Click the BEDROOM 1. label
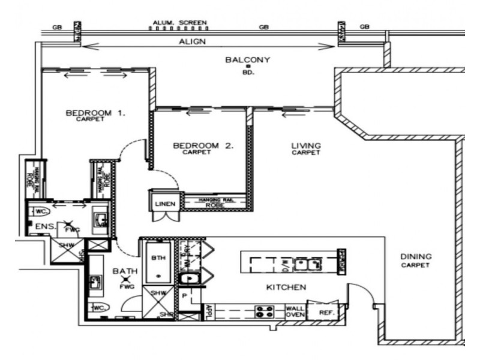pyautogui.click(x=95, y=112)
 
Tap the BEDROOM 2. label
pyautogui.click(x=203, y=146)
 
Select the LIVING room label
pyautogui.click(x=306, y=146)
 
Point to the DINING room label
pyautogui.click(x=416, y=257)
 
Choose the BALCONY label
pyautogui.click(x=248, y=60)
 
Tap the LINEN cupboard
pyautogui.click(x=165, y=204)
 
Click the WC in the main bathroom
pyautogui.click(x=99, y=308)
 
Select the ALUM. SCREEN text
pyautogui.click(x=179, y=24)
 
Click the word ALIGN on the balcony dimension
pyautogui.click(x=193, y=42)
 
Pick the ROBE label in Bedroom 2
pyautogui.click(x=214, y=205)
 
